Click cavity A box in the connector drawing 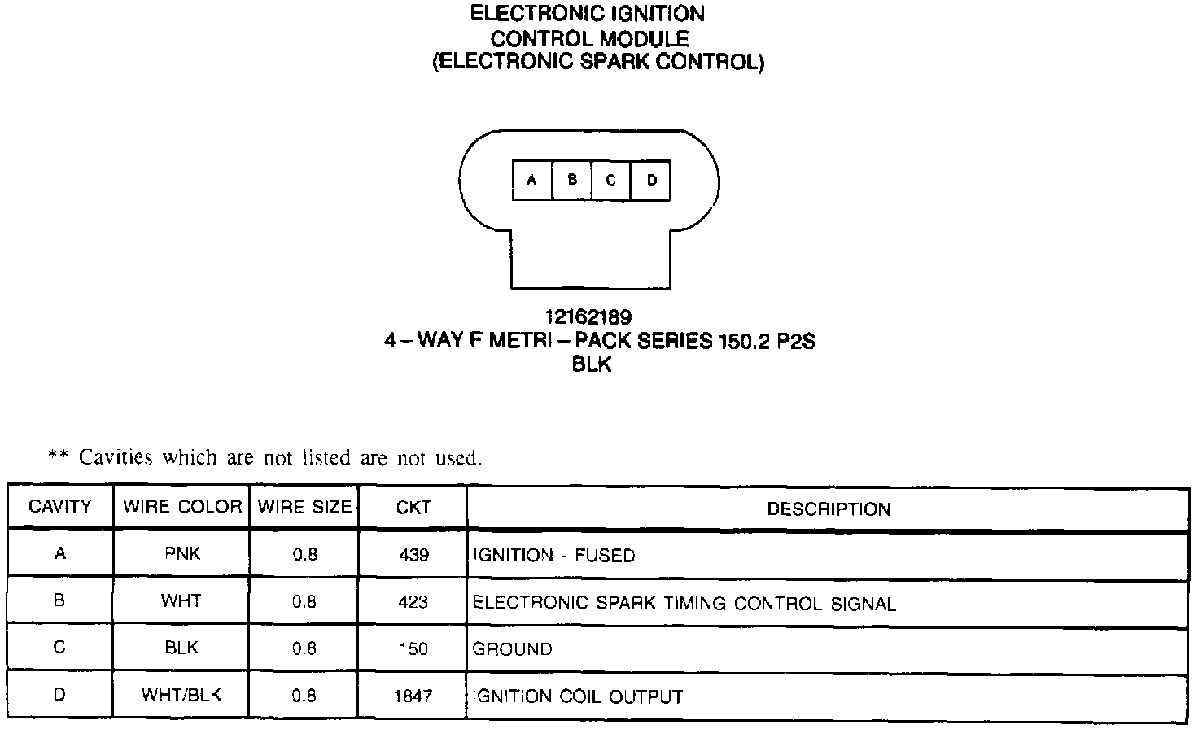pos(532,180)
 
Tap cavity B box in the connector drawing pos(572,180)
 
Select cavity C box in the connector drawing pos(611,180)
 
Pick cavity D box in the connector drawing pos(651,180)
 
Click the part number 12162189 pos(588,316)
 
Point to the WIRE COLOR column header pos(182,507)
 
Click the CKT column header pos(413,508)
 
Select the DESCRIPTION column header pos(829,509)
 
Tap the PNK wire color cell pos(182,554)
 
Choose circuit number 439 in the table pos(413,555)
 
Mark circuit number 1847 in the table pos(413,696)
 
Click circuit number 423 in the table pos(413,602)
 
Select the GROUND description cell pos(513,649)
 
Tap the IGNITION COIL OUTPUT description pos(578,696)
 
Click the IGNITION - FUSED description pos(554,556)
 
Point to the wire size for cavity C pos(304,649)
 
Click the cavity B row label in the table pos(59,600)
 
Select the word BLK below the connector pos(592,365)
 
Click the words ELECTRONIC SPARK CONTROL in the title pos(598,63)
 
